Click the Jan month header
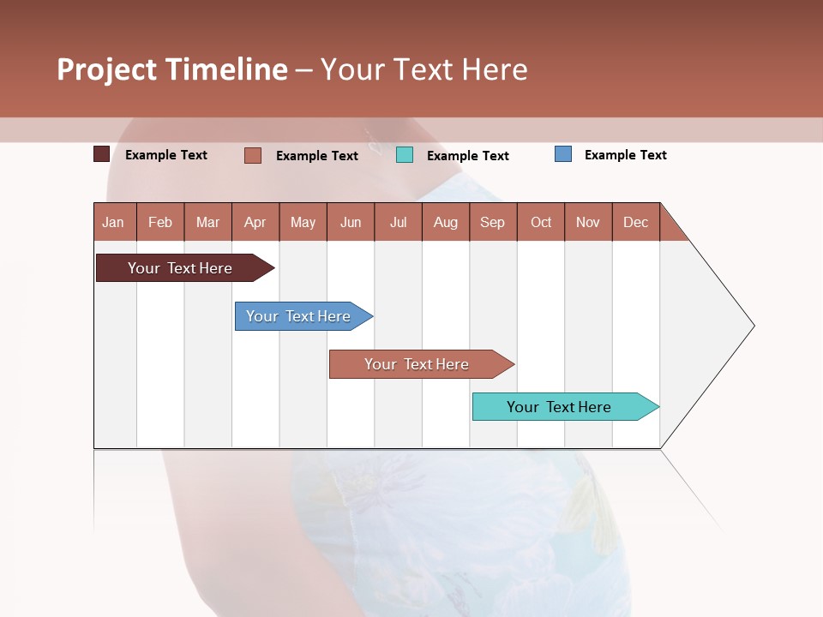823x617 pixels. [114, 222]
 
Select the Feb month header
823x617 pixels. [160, 222]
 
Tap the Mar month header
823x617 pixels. [207, 222]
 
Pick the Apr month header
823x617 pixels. [255, 222]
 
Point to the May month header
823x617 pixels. [303, 222]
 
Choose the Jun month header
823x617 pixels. [351, 222]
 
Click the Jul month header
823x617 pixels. [398, 222]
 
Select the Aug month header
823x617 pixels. [446, 222]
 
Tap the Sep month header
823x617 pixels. [493, 222]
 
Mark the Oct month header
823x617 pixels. [541, 222]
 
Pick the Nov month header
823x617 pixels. [588, 222]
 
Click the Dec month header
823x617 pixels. [635, 222]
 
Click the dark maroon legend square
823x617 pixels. [101, 154]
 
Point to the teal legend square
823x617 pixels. [405, 155]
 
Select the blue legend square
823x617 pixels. [563, 154]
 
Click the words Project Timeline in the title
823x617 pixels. [172, 69]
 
